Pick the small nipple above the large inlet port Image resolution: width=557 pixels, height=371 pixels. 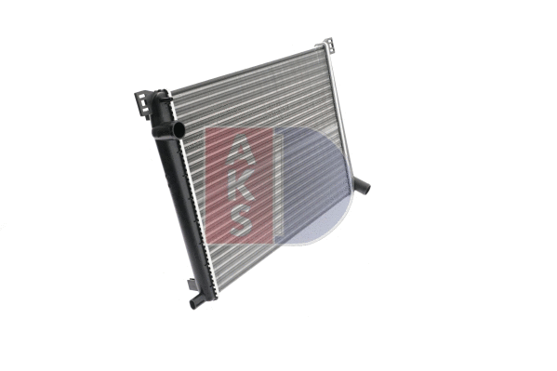(x=163, y=96)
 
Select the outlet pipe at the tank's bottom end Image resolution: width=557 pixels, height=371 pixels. (x=196, y=301)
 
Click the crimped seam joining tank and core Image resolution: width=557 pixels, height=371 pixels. (x=197, y=205)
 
